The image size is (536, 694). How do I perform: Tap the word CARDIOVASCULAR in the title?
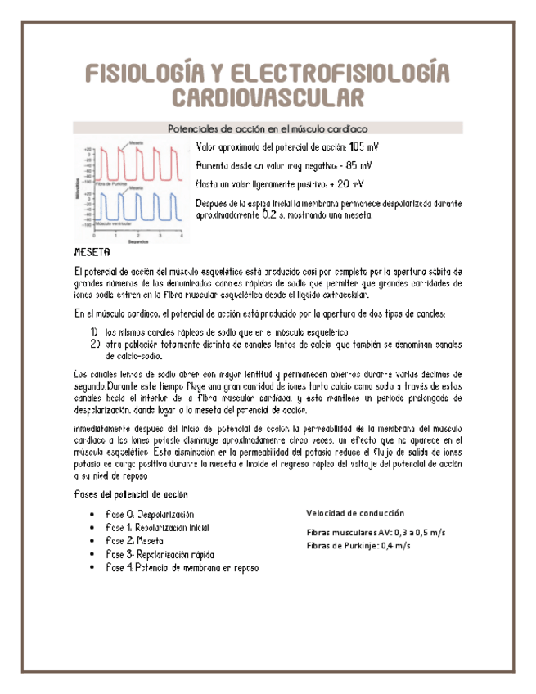click(x=268, y=98)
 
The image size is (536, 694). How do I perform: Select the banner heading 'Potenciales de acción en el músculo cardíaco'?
click(x=267, y=128)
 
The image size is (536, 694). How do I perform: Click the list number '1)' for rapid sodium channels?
click(x=94, y=331)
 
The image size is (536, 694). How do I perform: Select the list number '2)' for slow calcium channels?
click(x=94, y=344)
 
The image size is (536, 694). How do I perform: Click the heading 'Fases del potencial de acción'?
click(x=130, y=493)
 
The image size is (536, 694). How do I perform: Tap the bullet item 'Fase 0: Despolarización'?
click(x=150, y=514)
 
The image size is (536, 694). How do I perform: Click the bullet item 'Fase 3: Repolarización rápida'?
click(x=160, y=555)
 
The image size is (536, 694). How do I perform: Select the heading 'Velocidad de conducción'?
click(x=354, y=513)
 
